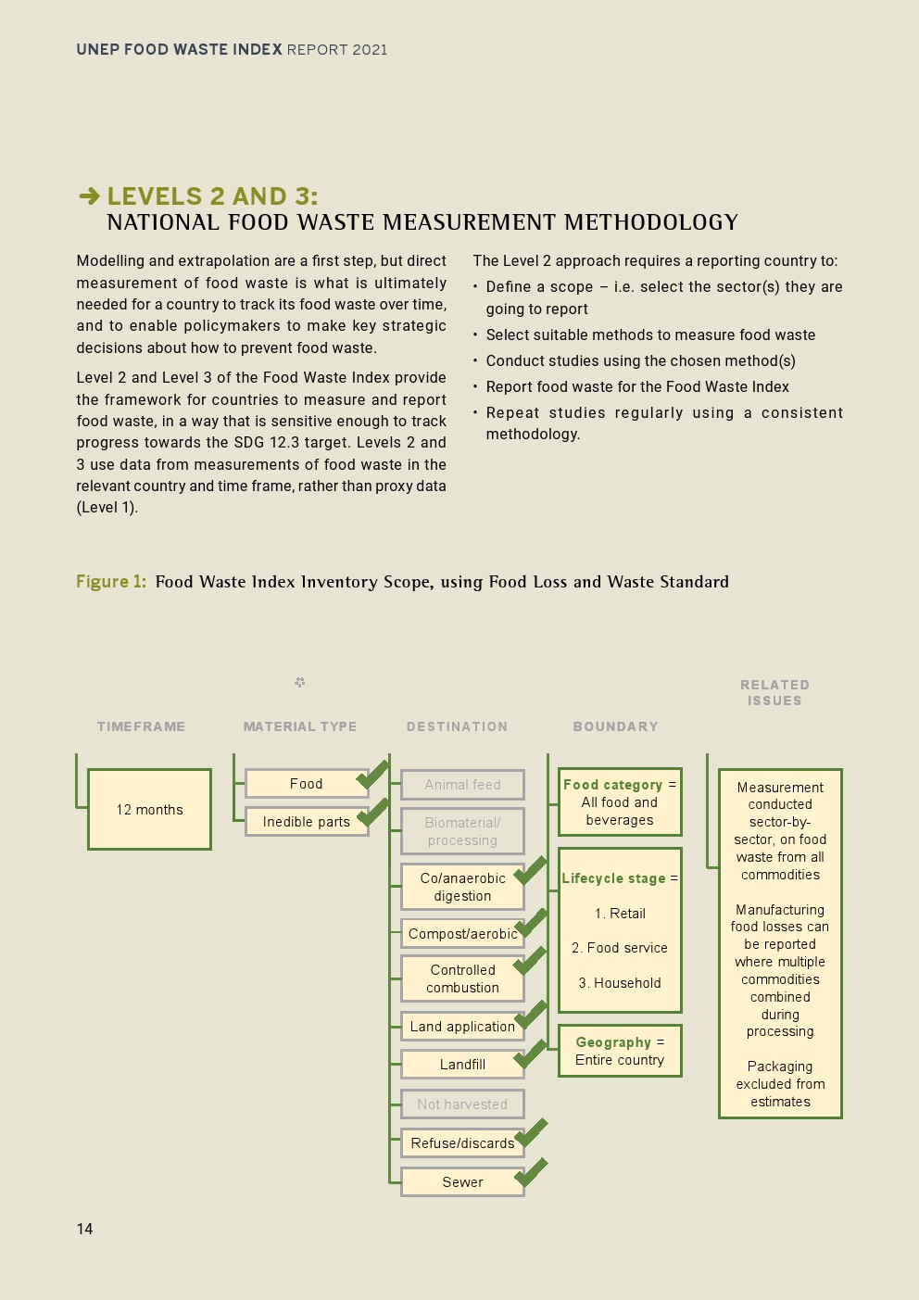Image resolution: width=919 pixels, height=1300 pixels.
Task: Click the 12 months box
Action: click(149, 809)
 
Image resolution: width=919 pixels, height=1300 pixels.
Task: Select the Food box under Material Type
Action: click(307, 784)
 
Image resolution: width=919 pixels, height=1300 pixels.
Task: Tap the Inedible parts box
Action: click(307, 822)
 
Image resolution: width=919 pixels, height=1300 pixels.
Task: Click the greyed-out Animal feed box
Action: click(462, 785)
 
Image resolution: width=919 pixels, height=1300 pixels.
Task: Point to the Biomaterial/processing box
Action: click(462, 831)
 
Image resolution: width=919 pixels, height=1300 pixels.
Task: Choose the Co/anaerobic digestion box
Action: click(462, 887)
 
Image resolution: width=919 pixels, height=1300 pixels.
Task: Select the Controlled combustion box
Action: click(462, 978)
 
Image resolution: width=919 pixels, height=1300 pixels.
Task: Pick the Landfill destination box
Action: click(462, 1065)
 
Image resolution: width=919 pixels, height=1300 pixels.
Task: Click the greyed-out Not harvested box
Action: click(462, 1104)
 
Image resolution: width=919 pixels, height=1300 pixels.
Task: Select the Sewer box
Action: click(462, 1182)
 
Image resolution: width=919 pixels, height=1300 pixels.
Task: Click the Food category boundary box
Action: click(620, 802)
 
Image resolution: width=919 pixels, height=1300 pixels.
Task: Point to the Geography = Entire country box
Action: click(620, 1051)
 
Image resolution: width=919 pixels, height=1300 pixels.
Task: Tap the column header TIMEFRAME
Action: click(141, 726)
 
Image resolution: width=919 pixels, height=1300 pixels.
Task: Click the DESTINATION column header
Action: click(457, 726)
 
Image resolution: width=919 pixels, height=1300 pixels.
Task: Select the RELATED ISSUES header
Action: click(774, 693)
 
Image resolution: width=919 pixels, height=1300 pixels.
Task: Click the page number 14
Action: click(84, 1229)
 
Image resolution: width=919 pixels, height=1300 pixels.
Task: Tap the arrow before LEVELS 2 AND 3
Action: click(89, 196)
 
